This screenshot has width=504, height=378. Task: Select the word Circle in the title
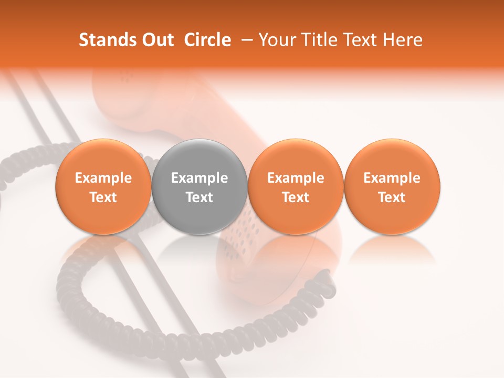(x=207, y=40)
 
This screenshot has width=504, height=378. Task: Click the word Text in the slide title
(x=362, y=40)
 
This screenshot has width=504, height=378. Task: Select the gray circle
(x=199, y=186)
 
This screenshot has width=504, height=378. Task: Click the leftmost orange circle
(x=103, y=186)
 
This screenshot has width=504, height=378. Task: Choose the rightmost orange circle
(x=392, y=186)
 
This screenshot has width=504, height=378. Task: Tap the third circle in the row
(x=296, y=186)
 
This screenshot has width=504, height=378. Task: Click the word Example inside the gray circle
(x=199, y=178)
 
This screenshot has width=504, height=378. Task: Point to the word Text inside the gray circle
(x=199, y=197)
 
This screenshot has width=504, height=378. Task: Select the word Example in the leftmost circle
(x=103, y=178)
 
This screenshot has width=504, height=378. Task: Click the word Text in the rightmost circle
(x=392, y=197)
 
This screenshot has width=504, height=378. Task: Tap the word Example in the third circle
(x=296, y=178)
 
